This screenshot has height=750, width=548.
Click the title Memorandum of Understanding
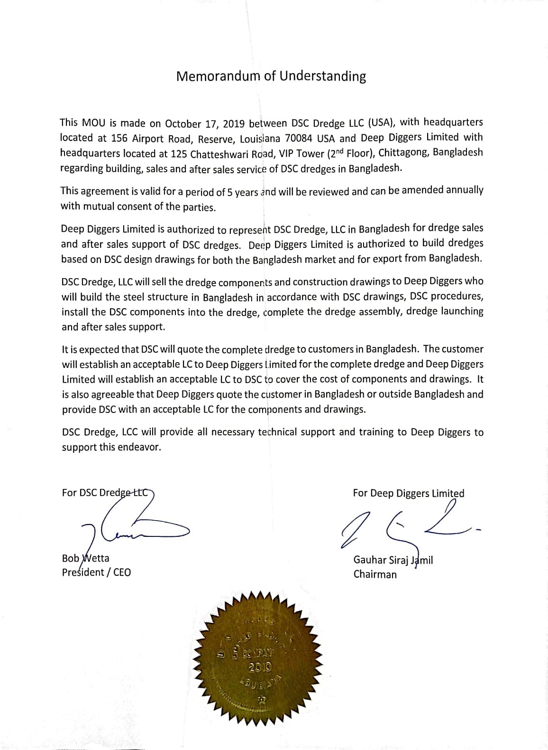click(x=271, y=76)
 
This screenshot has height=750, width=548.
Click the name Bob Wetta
click(x=85, y=558)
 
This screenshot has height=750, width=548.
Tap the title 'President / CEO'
click(x=96, y=572)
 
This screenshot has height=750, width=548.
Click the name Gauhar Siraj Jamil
click(x=393, y=560)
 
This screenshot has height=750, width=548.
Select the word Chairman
click(x=375, y=574)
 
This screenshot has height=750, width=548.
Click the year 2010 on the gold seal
click(x=260, y=667)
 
